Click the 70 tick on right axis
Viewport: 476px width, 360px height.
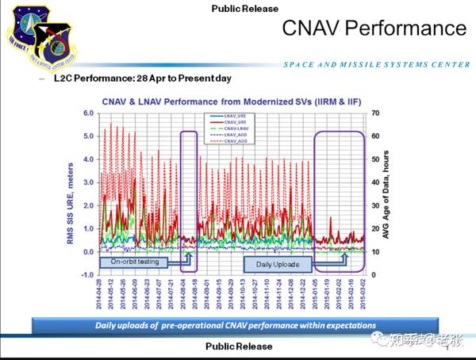375,113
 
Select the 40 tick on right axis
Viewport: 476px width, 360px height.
375,182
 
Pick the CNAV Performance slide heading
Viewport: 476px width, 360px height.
374,29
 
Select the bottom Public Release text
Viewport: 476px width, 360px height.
239,347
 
